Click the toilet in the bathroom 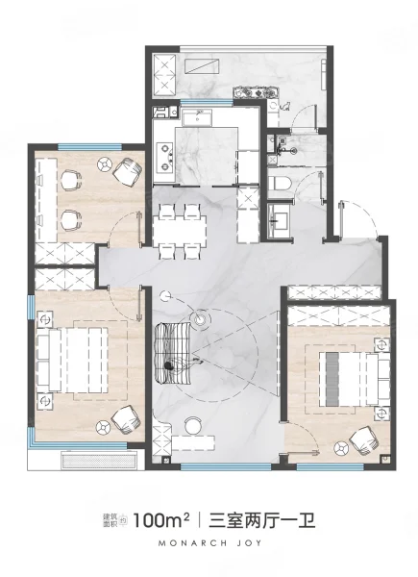click(279, 183)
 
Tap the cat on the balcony click(285, 107)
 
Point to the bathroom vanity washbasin click(277, 218)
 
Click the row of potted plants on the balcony click(256, 92)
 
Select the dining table click(180, 231)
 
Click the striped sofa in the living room click(173, 353)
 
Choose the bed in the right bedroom click(355, 379)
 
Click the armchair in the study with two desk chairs click(127, 171)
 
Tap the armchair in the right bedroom click(363, 440)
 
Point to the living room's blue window click(226, 466)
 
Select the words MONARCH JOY click(209, 543)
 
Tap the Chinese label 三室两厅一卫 click(262, 521)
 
